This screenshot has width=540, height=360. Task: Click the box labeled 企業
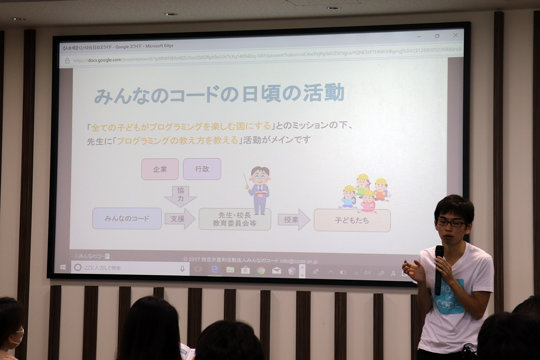[x=160, y=169]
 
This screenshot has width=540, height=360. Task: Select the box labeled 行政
[x=202, y=169]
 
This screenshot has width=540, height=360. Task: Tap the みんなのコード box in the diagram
[x=127, y=218]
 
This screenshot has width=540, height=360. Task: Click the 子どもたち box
[x=352, y=220]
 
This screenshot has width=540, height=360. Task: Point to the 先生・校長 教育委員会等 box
[x=235, y=219]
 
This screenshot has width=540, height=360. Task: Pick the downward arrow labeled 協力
[x=181, y=195]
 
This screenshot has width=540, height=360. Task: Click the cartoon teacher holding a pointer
[x=259, y=189]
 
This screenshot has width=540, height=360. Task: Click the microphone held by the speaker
[x=439, y=267]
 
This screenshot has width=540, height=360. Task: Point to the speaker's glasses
[x=451, y=223]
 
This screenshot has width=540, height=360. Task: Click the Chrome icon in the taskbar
[x=261, y=270]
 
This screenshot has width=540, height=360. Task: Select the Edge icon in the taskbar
[x=214, y=269]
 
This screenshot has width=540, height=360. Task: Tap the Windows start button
[x=63, y=267]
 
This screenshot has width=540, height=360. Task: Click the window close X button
[x=455, y=35]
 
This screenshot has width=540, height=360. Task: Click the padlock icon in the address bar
[x=67, y=61]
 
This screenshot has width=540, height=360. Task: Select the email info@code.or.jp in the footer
[x=299, y=261]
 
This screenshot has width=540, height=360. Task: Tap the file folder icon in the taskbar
[x=230, y=270]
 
